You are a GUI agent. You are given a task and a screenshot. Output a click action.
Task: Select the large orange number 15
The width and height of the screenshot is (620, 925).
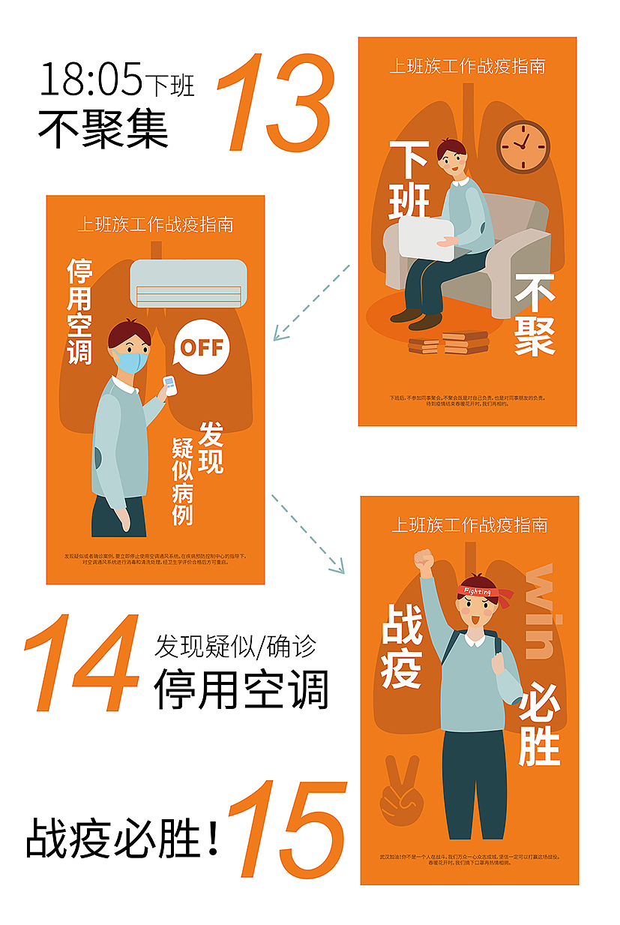point(288,830)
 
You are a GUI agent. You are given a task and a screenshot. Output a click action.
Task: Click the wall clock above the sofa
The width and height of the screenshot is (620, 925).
point(523,146)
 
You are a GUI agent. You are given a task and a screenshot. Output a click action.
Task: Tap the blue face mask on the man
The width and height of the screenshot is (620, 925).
point(130,362)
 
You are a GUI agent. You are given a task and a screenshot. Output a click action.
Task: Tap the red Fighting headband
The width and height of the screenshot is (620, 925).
point(484,593)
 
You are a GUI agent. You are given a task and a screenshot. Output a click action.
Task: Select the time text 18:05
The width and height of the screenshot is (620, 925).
point(91,79)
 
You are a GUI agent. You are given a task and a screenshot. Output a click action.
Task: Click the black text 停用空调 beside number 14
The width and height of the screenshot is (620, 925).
point(241,689)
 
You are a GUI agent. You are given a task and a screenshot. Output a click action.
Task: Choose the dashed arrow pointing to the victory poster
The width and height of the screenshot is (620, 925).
point(307,533)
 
